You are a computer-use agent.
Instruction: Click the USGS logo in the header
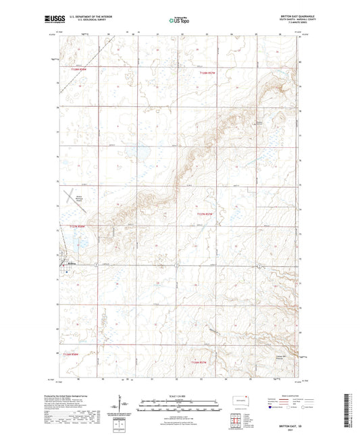pyautogui.click(x=51, y=20)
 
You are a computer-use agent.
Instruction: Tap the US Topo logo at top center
pyautogui.click(x=178, y=20)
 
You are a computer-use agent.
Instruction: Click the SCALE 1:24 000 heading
pyautogui.click(x=178, y=395)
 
